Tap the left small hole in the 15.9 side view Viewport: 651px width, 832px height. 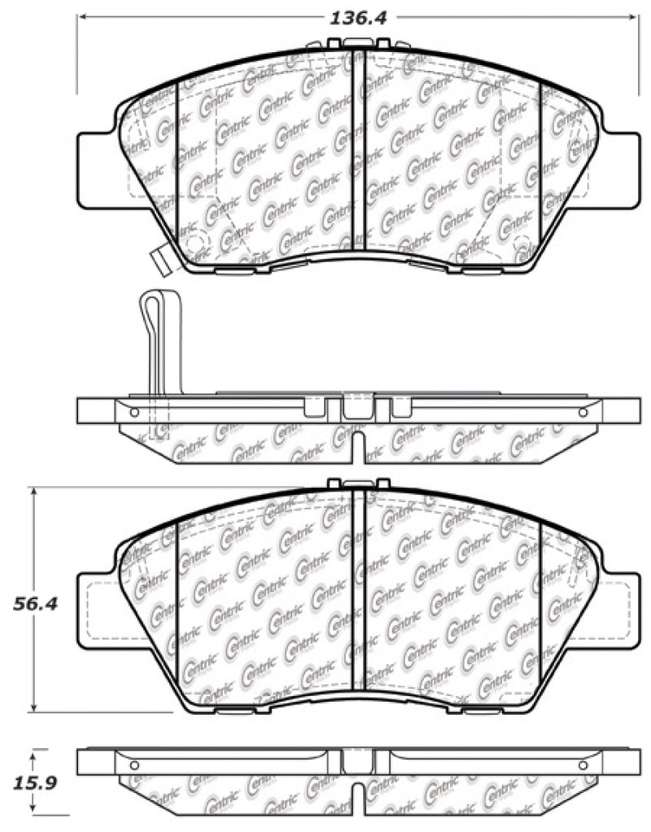coord(135,765)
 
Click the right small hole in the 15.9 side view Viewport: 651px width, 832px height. coord(582,765)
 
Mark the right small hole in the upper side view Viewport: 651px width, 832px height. coord(582,413)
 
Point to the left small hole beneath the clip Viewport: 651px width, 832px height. coord(135,413)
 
